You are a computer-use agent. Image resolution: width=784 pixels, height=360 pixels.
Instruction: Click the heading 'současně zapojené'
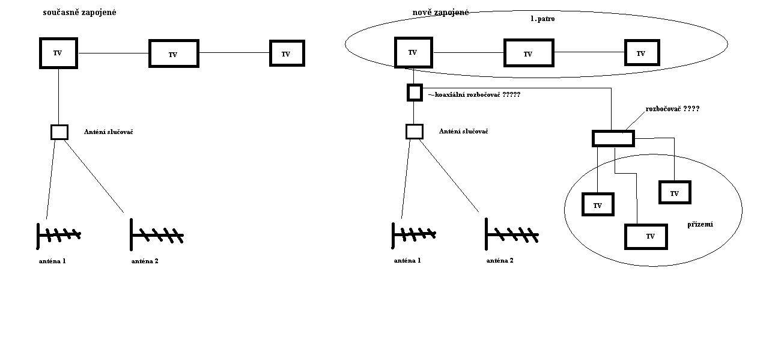coord(79,13)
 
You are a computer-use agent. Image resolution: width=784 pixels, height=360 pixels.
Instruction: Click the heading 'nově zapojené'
coord(440,13)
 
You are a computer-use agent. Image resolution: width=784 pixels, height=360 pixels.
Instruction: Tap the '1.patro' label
coord(542,19)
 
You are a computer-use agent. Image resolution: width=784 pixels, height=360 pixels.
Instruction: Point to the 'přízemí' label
coord(700,225)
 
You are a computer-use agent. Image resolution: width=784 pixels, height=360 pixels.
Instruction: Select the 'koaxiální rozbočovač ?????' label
coord(474,94)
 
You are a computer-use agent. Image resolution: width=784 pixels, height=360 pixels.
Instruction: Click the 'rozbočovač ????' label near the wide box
coord(672,109)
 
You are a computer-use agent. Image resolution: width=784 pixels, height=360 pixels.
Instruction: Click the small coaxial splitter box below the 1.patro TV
coord(415,93)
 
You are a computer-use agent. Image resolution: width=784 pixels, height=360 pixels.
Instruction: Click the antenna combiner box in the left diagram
coord(59,132)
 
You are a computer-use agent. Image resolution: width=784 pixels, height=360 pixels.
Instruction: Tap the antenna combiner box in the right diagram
coord(415,132)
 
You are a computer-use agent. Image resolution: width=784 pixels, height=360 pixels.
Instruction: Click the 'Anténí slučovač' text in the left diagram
coord(109,132)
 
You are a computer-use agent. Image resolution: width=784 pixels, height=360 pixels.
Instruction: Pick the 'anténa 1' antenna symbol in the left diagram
coord(59,236)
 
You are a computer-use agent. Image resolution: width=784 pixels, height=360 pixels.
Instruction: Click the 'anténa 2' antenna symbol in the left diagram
coord(157,235)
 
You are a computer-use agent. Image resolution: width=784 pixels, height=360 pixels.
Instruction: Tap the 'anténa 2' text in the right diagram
coord(500,261)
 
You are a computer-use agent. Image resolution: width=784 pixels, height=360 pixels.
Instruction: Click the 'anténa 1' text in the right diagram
coord(407,261)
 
